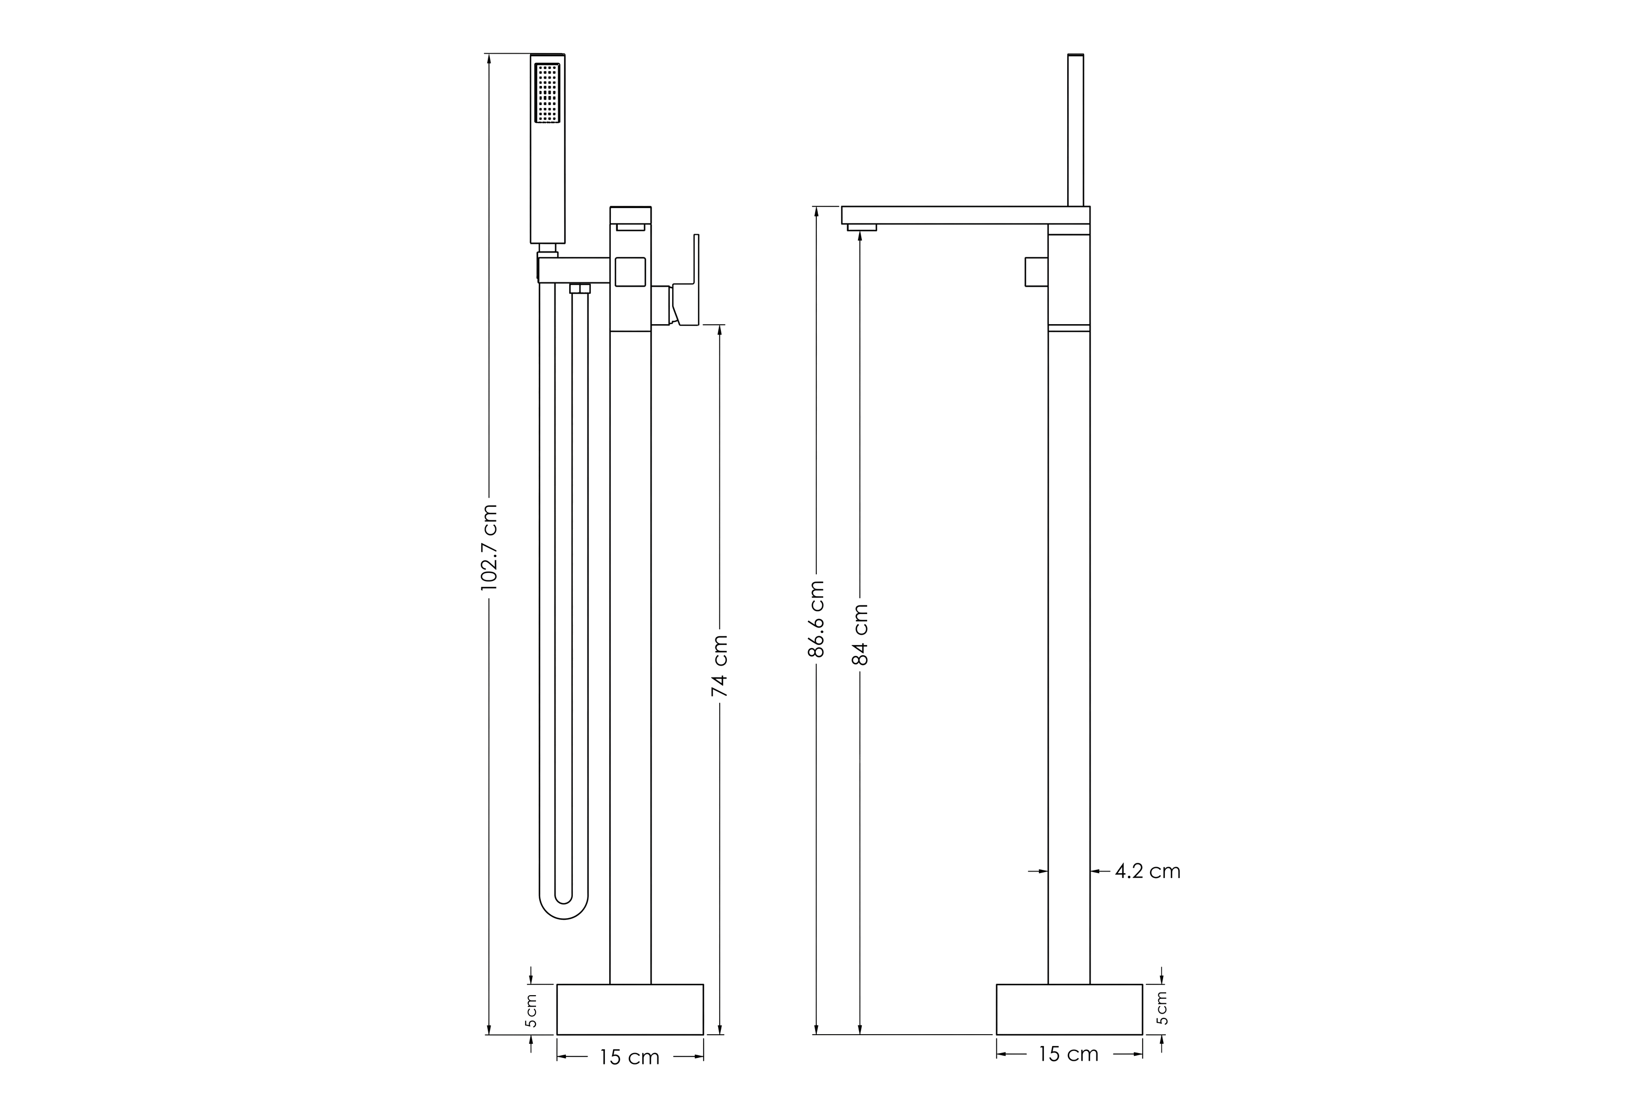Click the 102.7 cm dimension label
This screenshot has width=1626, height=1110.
coord(489,547)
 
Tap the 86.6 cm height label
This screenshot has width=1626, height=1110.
coord(816,618)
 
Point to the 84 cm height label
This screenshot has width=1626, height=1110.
coord(861,634)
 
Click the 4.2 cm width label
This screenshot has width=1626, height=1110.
coord(1147,871)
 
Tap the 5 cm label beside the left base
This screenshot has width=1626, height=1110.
coord(532,1011)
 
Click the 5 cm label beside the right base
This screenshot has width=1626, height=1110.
coord(1162,1008)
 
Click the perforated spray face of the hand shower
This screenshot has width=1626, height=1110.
coord(547,93)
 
